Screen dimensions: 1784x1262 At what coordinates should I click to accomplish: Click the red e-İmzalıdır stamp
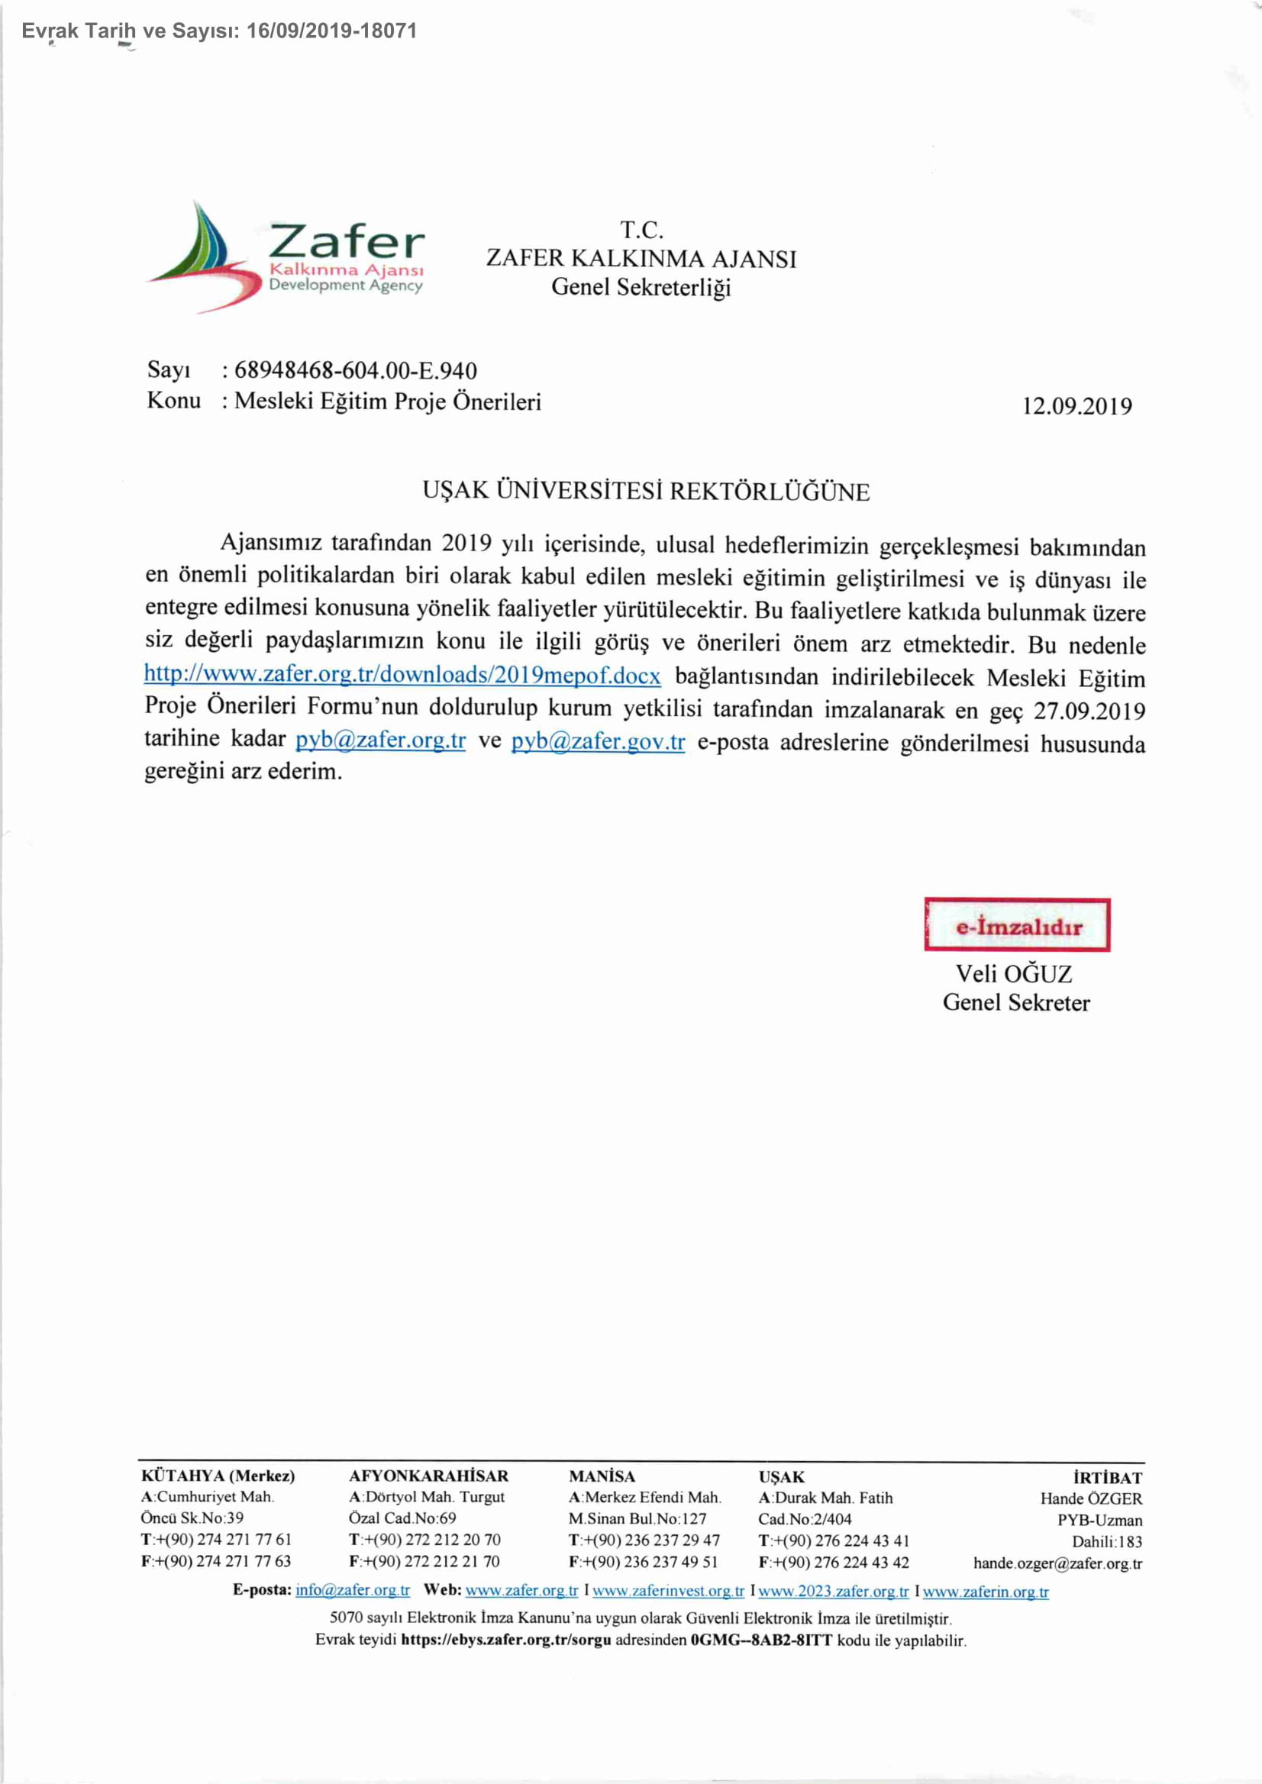click(1016, 924)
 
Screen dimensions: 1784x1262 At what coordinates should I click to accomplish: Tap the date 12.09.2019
click(1077, 406)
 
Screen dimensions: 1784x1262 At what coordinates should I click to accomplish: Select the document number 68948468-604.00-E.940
click(355, 371)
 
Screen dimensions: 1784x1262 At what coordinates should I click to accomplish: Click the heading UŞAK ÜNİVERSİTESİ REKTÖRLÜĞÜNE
click(646, 492)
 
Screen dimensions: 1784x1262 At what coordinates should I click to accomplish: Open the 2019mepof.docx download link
click(402, 675)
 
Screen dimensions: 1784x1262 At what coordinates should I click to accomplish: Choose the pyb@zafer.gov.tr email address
click(598, 741)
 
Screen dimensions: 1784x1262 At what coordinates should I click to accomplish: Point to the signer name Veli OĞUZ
click(1013, 973)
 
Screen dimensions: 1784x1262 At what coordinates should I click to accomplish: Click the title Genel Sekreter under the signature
click(1015, 1003)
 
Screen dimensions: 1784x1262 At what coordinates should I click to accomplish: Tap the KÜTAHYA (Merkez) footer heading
click(218, 1476)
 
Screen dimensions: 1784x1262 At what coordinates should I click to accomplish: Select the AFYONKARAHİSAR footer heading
click(428, 1476)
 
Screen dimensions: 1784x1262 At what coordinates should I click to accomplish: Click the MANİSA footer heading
click(602, 1476)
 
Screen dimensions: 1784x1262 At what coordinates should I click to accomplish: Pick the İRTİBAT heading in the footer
click(1106, 1477)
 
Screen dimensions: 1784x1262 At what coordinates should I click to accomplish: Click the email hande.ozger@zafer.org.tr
click(1057, 1563)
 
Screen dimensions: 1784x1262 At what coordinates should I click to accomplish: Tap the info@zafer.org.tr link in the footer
click(352, 1590)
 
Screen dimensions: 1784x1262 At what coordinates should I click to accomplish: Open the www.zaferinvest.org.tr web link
click(668, 1591)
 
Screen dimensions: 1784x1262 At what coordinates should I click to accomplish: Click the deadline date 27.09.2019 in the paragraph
click(1089, 711)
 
